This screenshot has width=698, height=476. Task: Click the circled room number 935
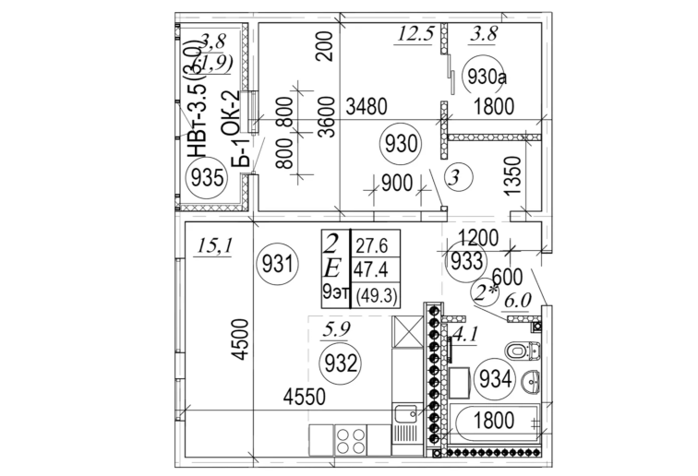(x=206, y=179)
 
